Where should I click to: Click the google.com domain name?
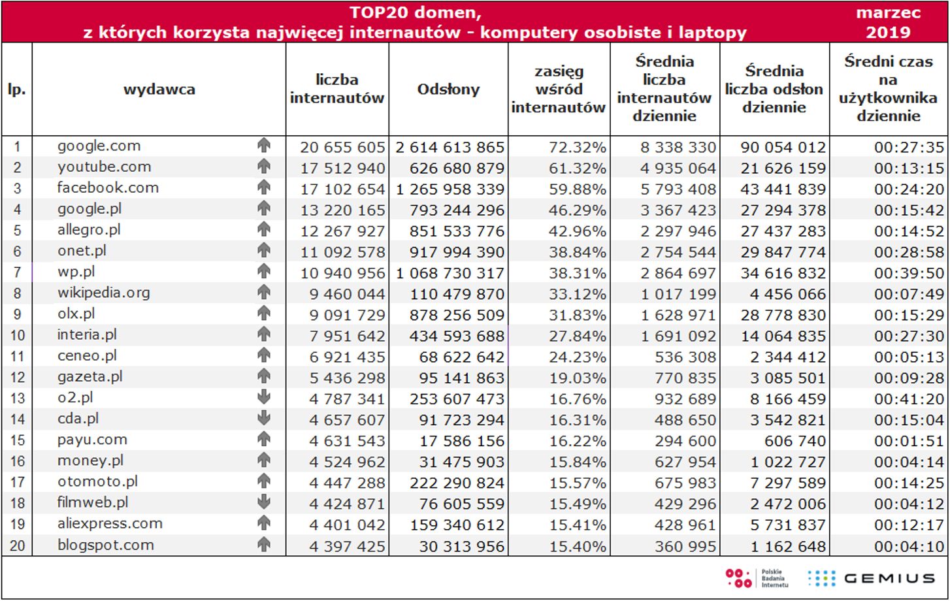tap(99, 146)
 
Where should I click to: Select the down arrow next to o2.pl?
tap(264, 397)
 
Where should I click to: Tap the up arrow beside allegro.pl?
tap(264, 229)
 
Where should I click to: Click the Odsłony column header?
tap(448, 89)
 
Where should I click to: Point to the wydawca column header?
tap(159, 89)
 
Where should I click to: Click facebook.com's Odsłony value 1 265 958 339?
tap(450, 189)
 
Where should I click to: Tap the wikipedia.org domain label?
tap(103, 293)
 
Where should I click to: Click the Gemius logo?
tap(871, 578)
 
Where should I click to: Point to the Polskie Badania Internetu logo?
tap(757, 578)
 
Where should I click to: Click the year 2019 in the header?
tap(888, 32)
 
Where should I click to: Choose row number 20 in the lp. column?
tap(17, 545)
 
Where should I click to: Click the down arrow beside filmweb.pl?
tap(264, 502)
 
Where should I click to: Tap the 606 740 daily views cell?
tap(794, 441)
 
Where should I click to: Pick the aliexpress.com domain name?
tap(110, 523)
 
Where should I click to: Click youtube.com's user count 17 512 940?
tap(342, 169)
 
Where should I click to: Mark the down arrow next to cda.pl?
tap(264, 418)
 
